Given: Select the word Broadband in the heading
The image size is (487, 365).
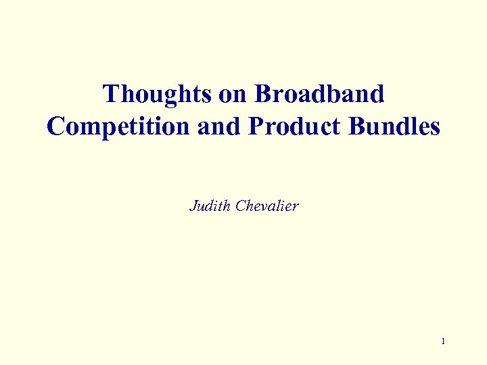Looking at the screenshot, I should click(319, 95).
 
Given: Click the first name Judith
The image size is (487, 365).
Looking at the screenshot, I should click(210, 206).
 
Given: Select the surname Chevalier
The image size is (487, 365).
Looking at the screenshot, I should click(266, 206).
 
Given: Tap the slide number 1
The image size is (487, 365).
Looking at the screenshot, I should click(443, 341).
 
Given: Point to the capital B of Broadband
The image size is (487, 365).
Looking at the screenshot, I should click(262, 95).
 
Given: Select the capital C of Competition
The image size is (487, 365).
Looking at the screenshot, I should click(55, 126).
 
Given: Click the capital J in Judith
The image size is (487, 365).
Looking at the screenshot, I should click(193, 206).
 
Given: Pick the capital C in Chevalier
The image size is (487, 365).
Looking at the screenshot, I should click(239, 206).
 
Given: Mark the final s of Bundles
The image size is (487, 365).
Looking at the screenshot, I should click(434, 127).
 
